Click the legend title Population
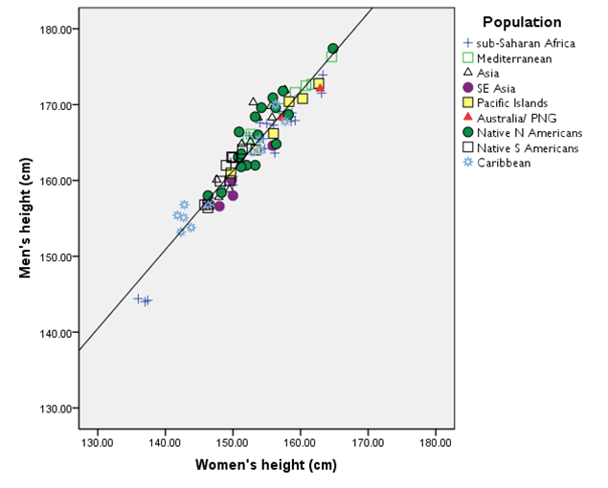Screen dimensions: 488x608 [x=522, y=22]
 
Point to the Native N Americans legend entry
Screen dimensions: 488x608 [x=528, y=133]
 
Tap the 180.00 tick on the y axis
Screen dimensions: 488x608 [x=54, y=29]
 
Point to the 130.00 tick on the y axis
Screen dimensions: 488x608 [x=54, y=409]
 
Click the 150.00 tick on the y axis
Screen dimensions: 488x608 [x=54, y=256]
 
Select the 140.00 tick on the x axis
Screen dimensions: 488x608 [x=166, y=443]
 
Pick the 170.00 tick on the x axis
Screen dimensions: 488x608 [x=369, y=443]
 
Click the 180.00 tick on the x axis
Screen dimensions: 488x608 [x=436, y=443]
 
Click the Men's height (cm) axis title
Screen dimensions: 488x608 [x=28, y=218]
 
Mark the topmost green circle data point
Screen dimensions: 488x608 [x=332, y=48]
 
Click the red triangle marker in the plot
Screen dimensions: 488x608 [x=320, y=88]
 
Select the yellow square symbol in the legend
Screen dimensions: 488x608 [x=467, y=102]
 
